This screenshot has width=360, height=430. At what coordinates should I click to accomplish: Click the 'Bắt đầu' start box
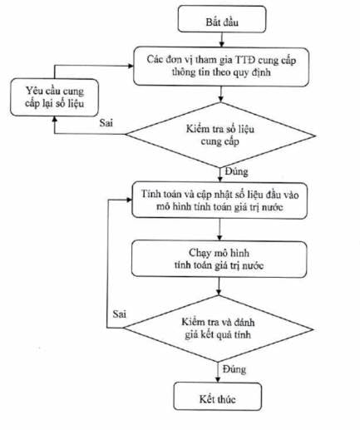point(222,19)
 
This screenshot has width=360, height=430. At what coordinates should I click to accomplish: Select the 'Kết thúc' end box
point(218,396)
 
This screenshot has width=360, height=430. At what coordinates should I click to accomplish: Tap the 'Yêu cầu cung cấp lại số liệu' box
point(54,97)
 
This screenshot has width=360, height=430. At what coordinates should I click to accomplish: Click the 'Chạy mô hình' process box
point(219,259)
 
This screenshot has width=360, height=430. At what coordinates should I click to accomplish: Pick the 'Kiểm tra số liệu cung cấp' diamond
point(220,135)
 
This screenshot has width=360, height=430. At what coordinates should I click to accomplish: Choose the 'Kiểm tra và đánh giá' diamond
point(218,329)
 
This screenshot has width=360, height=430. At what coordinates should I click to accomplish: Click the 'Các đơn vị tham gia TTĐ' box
point(221,67)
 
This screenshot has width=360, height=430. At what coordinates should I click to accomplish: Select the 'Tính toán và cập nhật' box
point(219,200)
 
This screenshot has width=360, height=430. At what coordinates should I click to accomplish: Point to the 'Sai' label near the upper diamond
point(106,123)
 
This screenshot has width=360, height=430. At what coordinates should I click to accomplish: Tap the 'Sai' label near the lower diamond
point(120,314)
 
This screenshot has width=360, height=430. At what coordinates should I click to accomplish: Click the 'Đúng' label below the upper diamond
point(236,172)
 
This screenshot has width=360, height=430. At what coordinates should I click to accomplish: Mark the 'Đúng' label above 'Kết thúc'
point(234,369)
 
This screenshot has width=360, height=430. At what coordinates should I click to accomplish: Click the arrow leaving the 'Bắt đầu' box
point(221,40)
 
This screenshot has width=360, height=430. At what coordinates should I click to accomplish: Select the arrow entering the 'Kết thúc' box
point(218,373)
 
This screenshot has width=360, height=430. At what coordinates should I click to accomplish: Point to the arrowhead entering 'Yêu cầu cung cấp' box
point(55,119)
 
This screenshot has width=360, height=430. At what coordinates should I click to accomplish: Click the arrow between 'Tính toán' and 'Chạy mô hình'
point(219,230)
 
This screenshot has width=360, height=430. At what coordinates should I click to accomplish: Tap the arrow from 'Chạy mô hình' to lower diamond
point(219,286)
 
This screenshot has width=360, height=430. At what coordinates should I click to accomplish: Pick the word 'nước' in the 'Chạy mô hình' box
point(253,265)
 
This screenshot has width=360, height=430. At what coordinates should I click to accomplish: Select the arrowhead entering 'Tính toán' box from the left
point(129,200)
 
